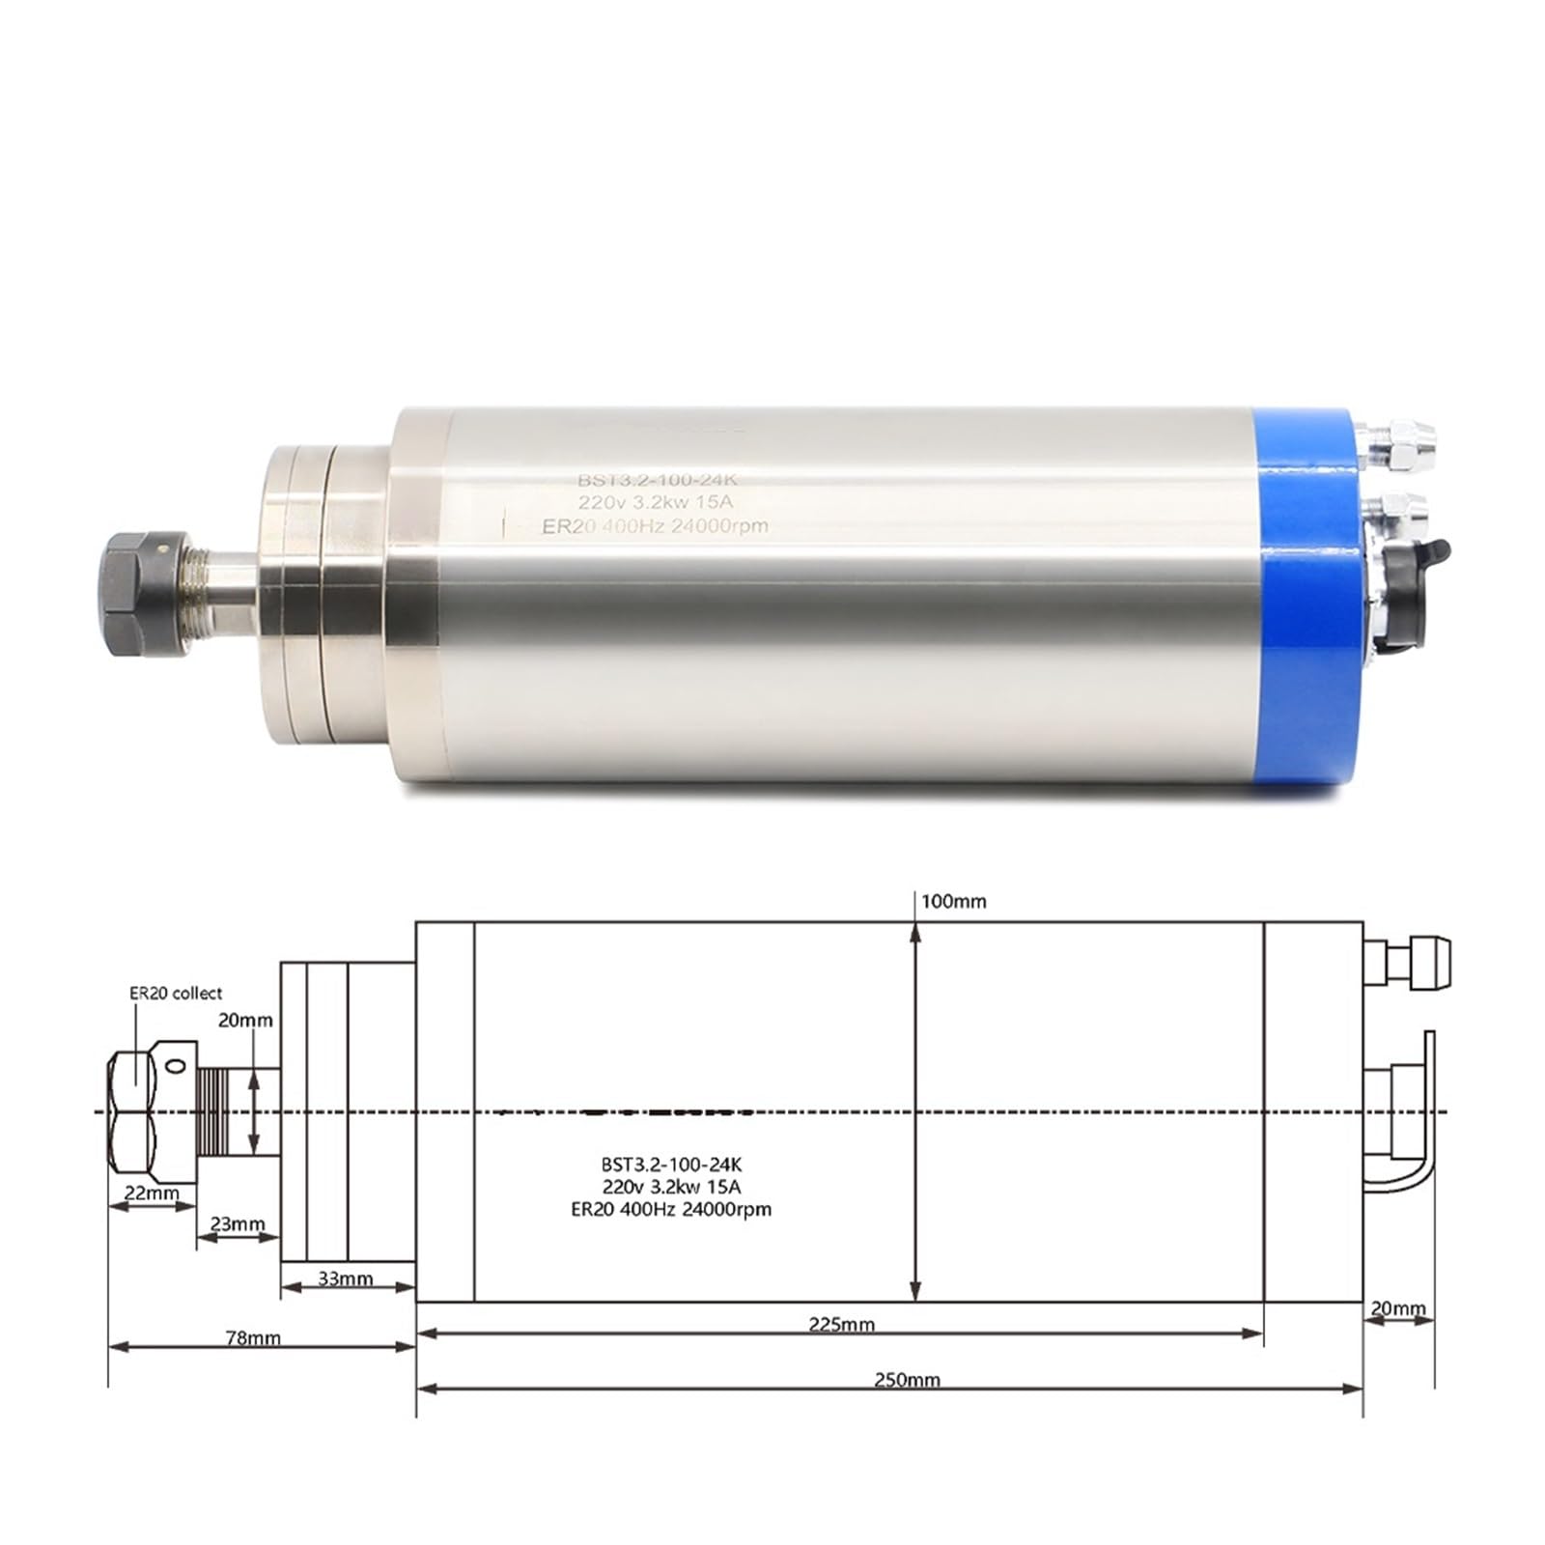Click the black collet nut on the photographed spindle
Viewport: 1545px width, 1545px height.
(x=134, y=598)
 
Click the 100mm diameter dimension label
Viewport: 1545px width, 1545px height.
(x=953, y=902)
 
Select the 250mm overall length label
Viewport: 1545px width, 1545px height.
(x=907, y=1380)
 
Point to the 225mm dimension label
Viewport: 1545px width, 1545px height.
(x=841, y=1324)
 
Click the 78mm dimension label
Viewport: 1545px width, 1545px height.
(x=252, y=1337)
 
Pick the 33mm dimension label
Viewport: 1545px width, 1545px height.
(x=345, y=1278)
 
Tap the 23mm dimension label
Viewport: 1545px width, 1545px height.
(x=238, y=1224)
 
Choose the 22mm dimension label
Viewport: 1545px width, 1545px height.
(x=152, y=1193)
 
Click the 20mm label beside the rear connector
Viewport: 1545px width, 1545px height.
(x=1397, y=1308)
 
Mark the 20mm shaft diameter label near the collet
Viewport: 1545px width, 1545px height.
(x=245, y=1021)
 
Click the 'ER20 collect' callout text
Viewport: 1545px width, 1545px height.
(x=176, y=993)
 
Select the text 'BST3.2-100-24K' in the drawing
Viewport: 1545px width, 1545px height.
(x=671, y=1165)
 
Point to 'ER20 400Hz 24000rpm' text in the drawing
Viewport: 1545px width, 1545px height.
(x=671, y=1209)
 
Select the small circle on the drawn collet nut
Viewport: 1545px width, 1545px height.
(x=175, y=1066)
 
